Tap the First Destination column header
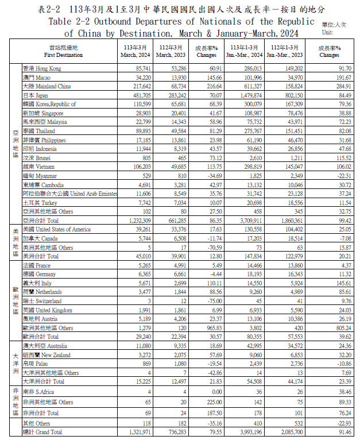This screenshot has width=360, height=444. (x=63, y=51)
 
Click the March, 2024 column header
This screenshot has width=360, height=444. (x=135, y=51)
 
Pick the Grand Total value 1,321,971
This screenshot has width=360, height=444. (x=138, y=431)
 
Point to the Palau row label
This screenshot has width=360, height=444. (x=36, y=364)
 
